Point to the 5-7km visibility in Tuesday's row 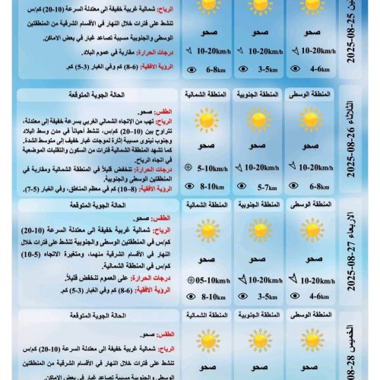(263, 185)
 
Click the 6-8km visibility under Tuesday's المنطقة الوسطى (316, 185)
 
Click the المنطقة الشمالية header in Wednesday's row (205, 205)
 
